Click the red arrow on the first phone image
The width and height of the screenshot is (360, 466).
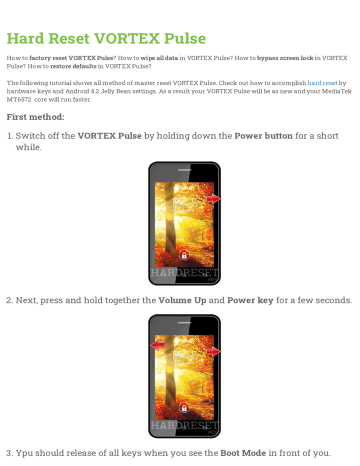214,198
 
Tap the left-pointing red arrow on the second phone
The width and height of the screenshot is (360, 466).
158,345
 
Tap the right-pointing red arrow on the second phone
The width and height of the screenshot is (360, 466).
213,351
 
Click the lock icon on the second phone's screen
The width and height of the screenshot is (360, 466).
183,408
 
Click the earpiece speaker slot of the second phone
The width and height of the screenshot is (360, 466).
183,322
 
